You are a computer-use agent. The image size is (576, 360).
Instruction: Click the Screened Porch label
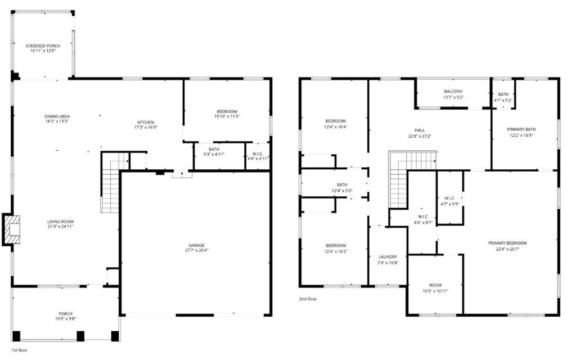[x=43, y=46]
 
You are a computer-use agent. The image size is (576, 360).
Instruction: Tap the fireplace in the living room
[x=11, y=229]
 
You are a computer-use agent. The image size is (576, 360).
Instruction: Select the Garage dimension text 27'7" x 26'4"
[x=196, y=250]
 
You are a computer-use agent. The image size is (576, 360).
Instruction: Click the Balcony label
[x=453, y=91]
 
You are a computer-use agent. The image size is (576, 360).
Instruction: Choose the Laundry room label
[x=388, y=256]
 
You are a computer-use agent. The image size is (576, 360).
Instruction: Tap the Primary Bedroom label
[x=507, y=243]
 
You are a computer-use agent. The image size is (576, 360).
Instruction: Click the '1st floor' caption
[x=20, y=349]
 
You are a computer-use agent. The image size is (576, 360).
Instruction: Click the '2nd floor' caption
[x=308, y=299]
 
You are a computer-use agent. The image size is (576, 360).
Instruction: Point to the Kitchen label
[x=145, y=122]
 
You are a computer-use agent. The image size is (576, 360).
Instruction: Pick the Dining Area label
[x=57, y=116]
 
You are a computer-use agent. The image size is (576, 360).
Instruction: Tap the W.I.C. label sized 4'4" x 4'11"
[x=258, y=154]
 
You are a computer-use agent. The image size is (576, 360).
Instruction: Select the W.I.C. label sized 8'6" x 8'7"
[x=424, y=217]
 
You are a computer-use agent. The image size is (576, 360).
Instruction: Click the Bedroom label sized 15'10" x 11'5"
[x=227, y=111]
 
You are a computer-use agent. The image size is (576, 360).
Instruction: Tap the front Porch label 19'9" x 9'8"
[x=65, y=313]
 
